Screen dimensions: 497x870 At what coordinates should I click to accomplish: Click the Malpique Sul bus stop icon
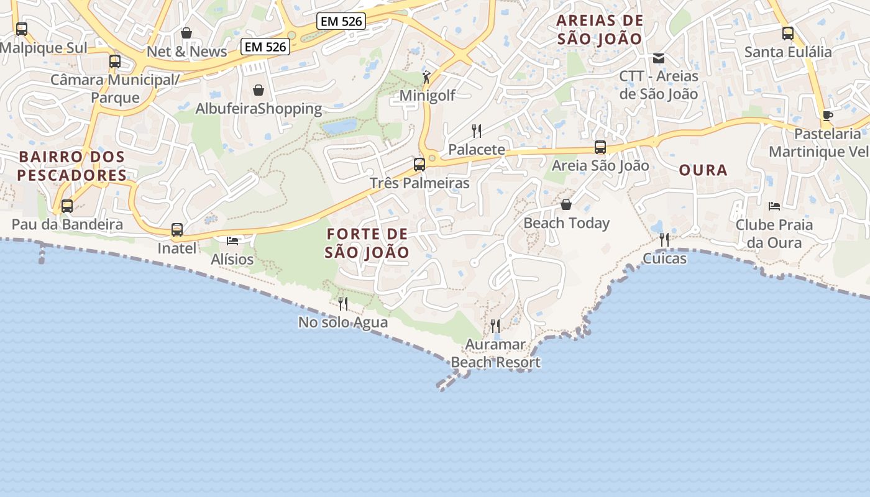click(x=22, y=29)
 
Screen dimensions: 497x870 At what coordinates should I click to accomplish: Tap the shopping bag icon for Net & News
click(x=186, y=33)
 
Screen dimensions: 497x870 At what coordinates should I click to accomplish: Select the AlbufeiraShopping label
click(x=259, y=109)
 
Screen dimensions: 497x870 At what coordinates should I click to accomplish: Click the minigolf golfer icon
click(x=426, y=77)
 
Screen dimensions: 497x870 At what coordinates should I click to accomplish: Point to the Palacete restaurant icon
click(x=477, y=130)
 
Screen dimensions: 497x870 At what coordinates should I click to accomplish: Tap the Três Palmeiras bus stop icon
click(x=419, y=165)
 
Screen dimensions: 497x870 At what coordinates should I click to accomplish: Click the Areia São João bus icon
click(x=600, y=147)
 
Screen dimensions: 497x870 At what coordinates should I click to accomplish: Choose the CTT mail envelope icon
click(x=659, y=58)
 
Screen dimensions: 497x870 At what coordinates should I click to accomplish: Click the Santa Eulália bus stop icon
click(x=788, y=34)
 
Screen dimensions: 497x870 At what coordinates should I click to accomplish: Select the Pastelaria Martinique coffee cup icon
click(x=828, y=116)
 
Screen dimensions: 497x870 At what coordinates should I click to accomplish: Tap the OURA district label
click(x=703, y=170)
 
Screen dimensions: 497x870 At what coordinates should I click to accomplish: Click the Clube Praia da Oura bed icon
click(x=774, y=206)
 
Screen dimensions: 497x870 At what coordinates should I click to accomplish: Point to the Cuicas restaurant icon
click(x=664, y=240)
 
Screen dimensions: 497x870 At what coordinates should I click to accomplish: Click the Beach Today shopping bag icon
click(x=566, y=204)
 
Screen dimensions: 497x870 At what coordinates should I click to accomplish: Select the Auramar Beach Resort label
click(x=495, y=353)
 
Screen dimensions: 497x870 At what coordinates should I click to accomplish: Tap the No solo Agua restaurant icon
click(x=343, y=304)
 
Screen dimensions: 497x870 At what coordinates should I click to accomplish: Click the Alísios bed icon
click(x=232, y=240)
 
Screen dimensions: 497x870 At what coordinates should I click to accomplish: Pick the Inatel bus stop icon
click(x=177, y=230)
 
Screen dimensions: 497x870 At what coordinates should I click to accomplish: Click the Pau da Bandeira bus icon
click(x=67, y=206)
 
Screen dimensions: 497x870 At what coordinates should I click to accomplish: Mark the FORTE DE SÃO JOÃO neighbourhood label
click(x=367, y=243)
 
